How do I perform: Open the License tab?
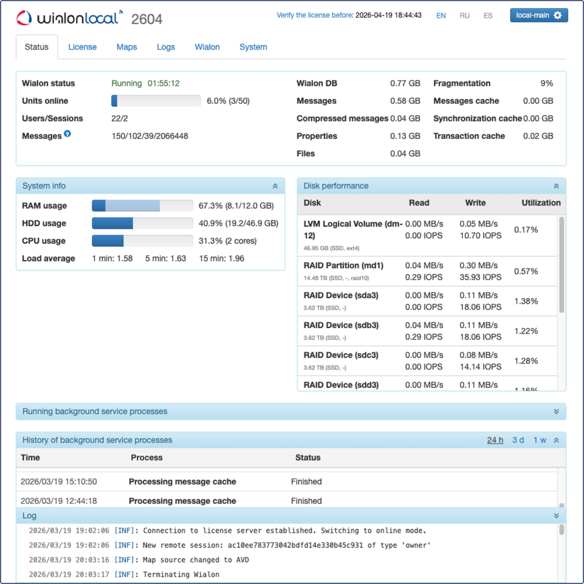click(82, 47)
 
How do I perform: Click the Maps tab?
click(127, 47)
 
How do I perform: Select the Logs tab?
click(166, 47)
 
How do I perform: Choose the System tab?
click(253, 47)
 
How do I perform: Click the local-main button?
click(539, 15)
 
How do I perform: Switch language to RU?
click(465, 16)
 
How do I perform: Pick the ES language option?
click(488, 16)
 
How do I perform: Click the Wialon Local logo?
click(70, 18)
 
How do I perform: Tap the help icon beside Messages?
click(67, 134)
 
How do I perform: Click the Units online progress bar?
click(156, 101)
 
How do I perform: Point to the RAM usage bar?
click(142, 206)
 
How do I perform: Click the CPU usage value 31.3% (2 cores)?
click(228, 241)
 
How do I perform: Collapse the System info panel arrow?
click(275, 186)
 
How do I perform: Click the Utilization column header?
click(541, 203)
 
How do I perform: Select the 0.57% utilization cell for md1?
click(526, 271)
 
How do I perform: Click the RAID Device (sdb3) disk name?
click(341, 325)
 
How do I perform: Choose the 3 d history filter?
click(518, 440)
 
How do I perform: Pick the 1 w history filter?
click(539, 440)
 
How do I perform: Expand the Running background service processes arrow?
click(556, 412)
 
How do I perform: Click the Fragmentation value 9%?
click(547, 83)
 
